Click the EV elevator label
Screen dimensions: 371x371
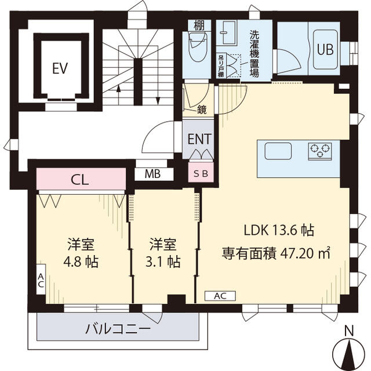(60, 68)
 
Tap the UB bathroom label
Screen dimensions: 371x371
(325, 50)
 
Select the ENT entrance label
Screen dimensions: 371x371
(199, 139)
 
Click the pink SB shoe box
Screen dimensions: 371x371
(201, 173)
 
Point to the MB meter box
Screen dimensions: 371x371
(152, 174)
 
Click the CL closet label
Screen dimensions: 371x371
(80, 180)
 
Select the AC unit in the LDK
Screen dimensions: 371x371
(220, 296)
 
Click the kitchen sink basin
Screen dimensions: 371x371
(278, 151)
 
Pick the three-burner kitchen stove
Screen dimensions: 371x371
(320, 151)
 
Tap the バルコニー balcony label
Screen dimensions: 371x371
(118, 329)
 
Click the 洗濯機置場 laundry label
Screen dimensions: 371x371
(254, 54)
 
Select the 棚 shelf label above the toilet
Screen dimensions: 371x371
(199, 26)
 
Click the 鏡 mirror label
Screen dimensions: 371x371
(202, 110)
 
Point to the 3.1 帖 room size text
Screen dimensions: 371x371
(163, 261)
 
